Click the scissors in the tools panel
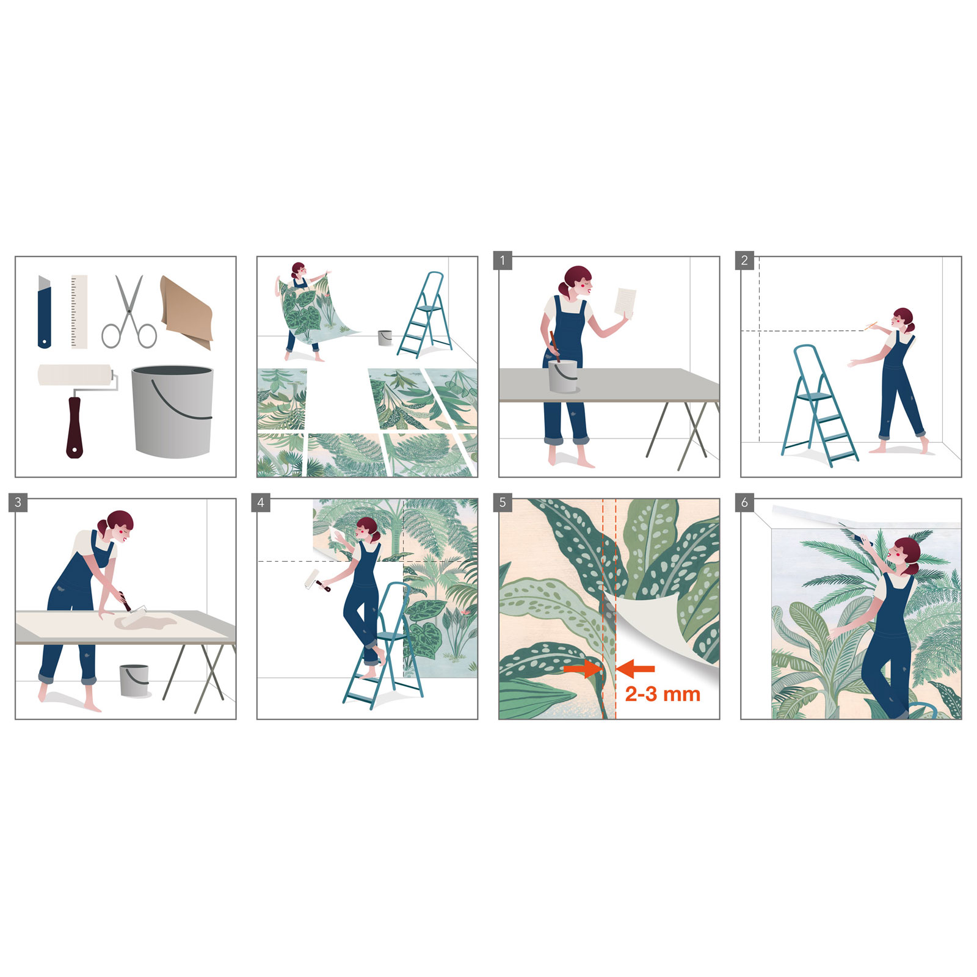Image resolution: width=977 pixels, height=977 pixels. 129,312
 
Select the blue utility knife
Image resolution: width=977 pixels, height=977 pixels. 44,313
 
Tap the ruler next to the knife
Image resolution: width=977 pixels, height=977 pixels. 79,311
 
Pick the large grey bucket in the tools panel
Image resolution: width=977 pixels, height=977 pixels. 172,410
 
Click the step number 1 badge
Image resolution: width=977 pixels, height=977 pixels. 503,261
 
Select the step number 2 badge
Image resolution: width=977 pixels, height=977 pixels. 744,261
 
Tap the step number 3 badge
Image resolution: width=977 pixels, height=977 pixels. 18,503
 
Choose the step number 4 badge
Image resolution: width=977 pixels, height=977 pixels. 261,503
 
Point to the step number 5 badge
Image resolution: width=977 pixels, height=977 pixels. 503,503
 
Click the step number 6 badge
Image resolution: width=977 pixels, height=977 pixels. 744,503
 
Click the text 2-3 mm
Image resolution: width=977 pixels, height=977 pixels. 663,694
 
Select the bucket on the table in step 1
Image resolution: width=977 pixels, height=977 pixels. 562,376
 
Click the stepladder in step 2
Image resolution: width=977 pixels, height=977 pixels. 818,406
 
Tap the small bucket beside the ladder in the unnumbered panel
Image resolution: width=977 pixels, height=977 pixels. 385,337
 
